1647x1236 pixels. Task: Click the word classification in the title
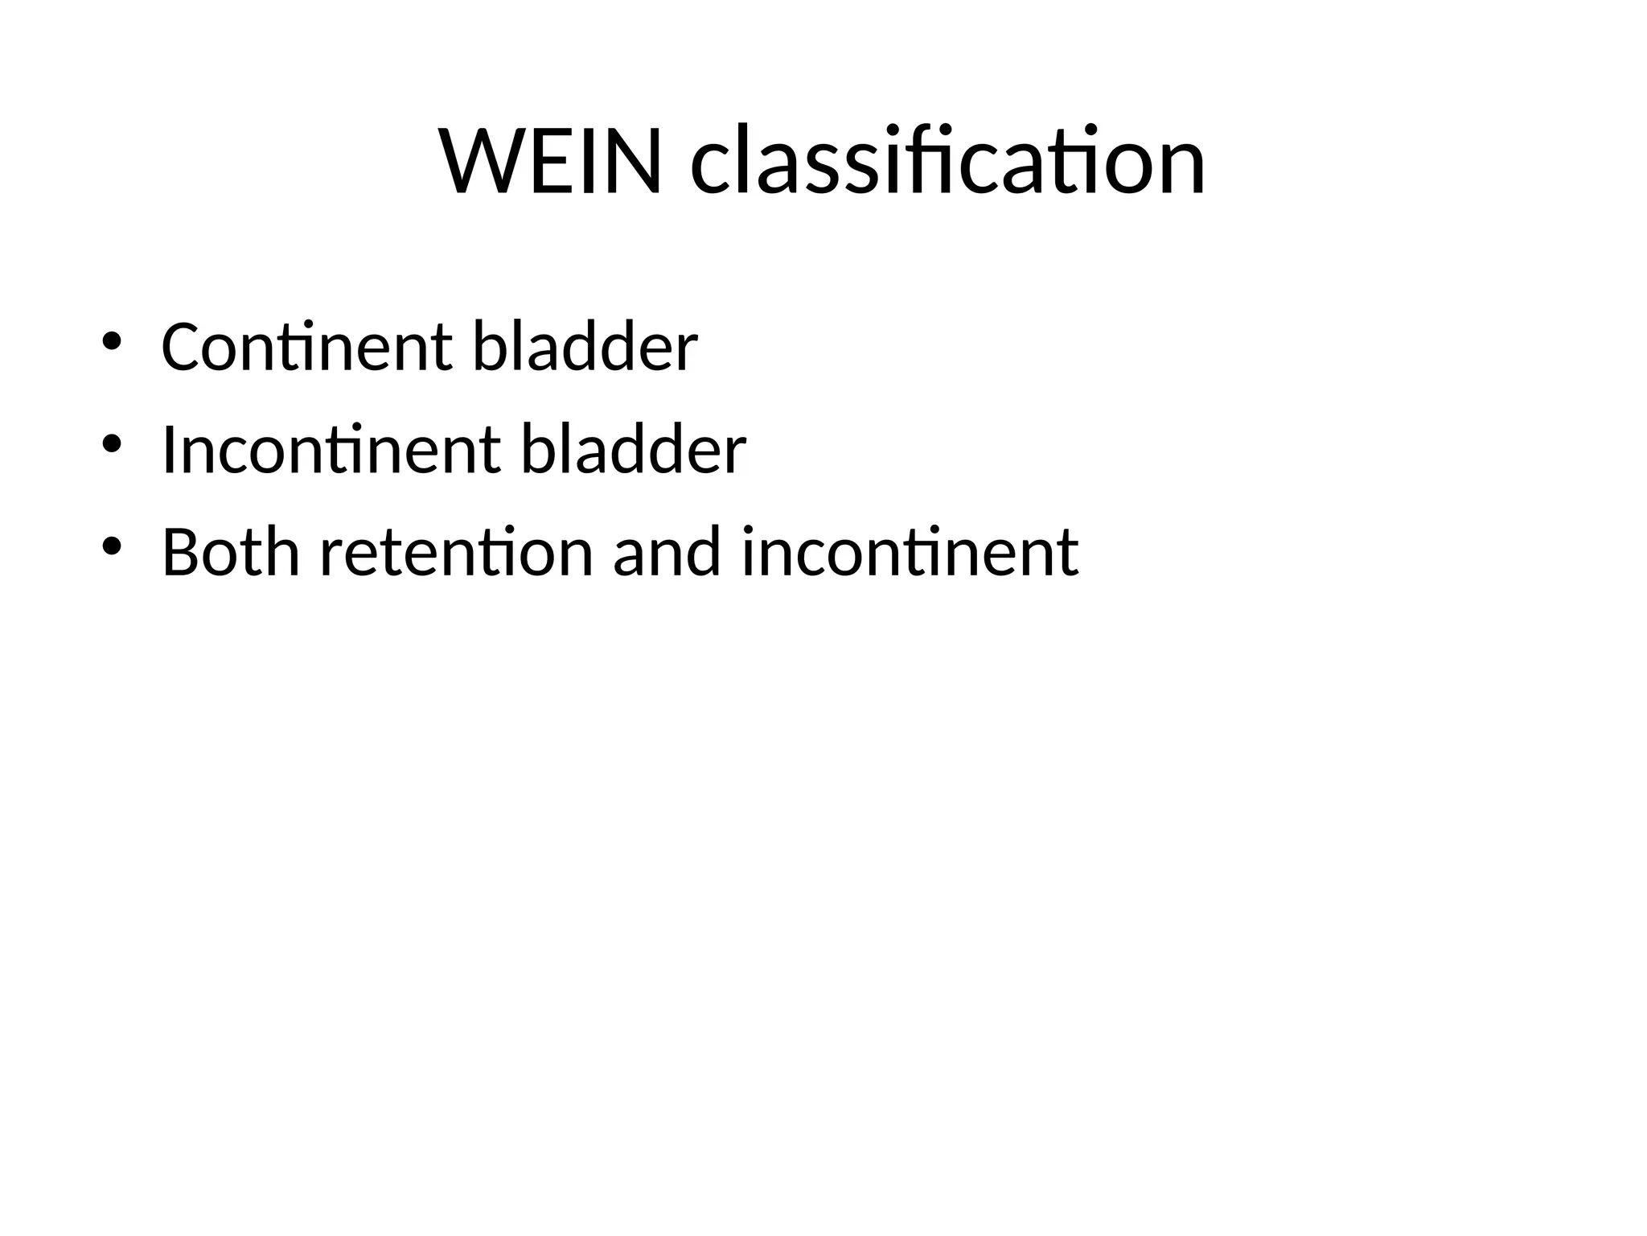[948, 161]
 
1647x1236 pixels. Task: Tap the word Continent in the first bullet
[306, 347]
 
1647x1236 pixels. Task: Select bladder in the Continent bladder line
[585, 347]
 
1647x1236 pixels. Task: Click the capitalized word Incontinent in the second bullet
[331, 450]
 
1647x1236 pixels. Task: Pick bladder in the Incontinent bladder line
[634, 450]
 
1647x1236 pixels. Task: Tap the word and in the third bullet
[667, 552]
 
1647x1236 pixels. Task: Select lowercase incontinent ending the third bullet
[910, 552]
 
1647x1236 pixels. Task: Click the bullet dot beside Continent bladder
[111, 341]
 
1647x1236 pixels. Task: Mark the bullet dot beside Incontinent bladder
[111, 444]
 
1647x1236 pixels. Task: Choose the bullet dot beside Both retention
[111, 546]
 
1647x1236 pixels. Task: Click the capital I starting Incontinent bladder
[168, 450]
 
